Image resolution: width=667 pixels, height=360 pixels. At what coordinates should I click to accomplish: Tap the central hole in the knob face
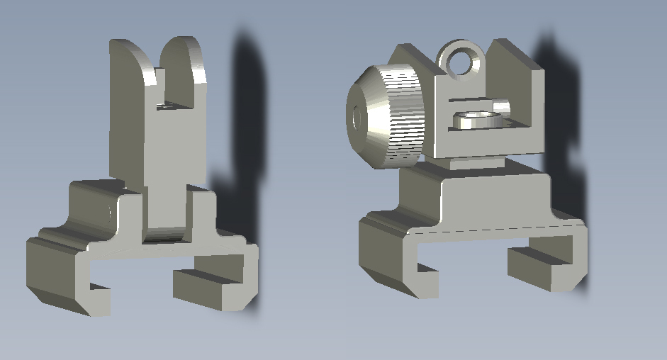coord(354,116)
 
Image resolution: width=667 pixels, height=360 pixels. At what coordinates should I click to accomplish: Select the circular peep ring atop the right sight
coord(462,60)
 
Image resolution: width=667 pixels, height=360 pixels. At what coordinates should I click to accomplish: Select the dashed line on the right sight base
coord(496,228)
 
